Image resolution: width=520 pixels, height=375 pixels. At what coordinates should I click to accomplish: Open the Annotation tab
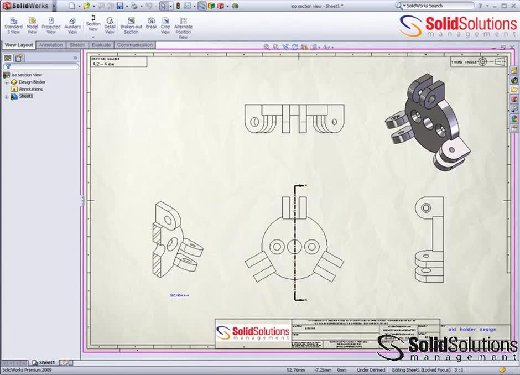pos(51,45)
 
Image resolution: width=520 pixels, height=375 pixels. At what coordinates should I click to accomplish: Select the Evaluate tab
pos(101,45)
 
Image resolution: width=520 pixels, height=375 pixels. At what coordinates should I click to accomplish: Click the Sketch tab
pos(77,45)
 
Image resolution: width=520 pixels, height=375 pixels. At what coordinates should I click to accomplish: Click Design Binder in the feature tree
pos(32,82)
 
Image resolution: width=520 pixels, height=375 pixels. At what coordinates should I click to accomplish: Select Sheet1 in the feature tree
pos(26,96)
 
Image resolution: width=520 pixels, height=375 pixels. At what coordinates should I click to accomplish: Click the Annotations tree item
pos(30,89)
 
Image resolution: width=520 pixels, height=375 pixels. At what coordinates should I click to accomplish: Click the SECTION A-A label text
pos(179,295)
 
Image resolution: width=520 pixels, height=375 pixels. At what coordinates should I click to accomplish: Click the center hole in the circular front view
pos(294,245)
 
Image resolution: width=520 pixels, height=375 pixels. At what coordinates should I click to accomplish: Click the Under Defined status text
pos(370,369)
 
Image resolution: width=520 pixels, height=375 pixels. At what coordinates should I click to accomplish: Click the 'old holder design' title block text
pos(472,330)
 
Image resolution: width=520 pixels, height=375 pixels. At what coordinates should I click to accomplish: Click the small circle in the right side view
pos(426,208)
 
